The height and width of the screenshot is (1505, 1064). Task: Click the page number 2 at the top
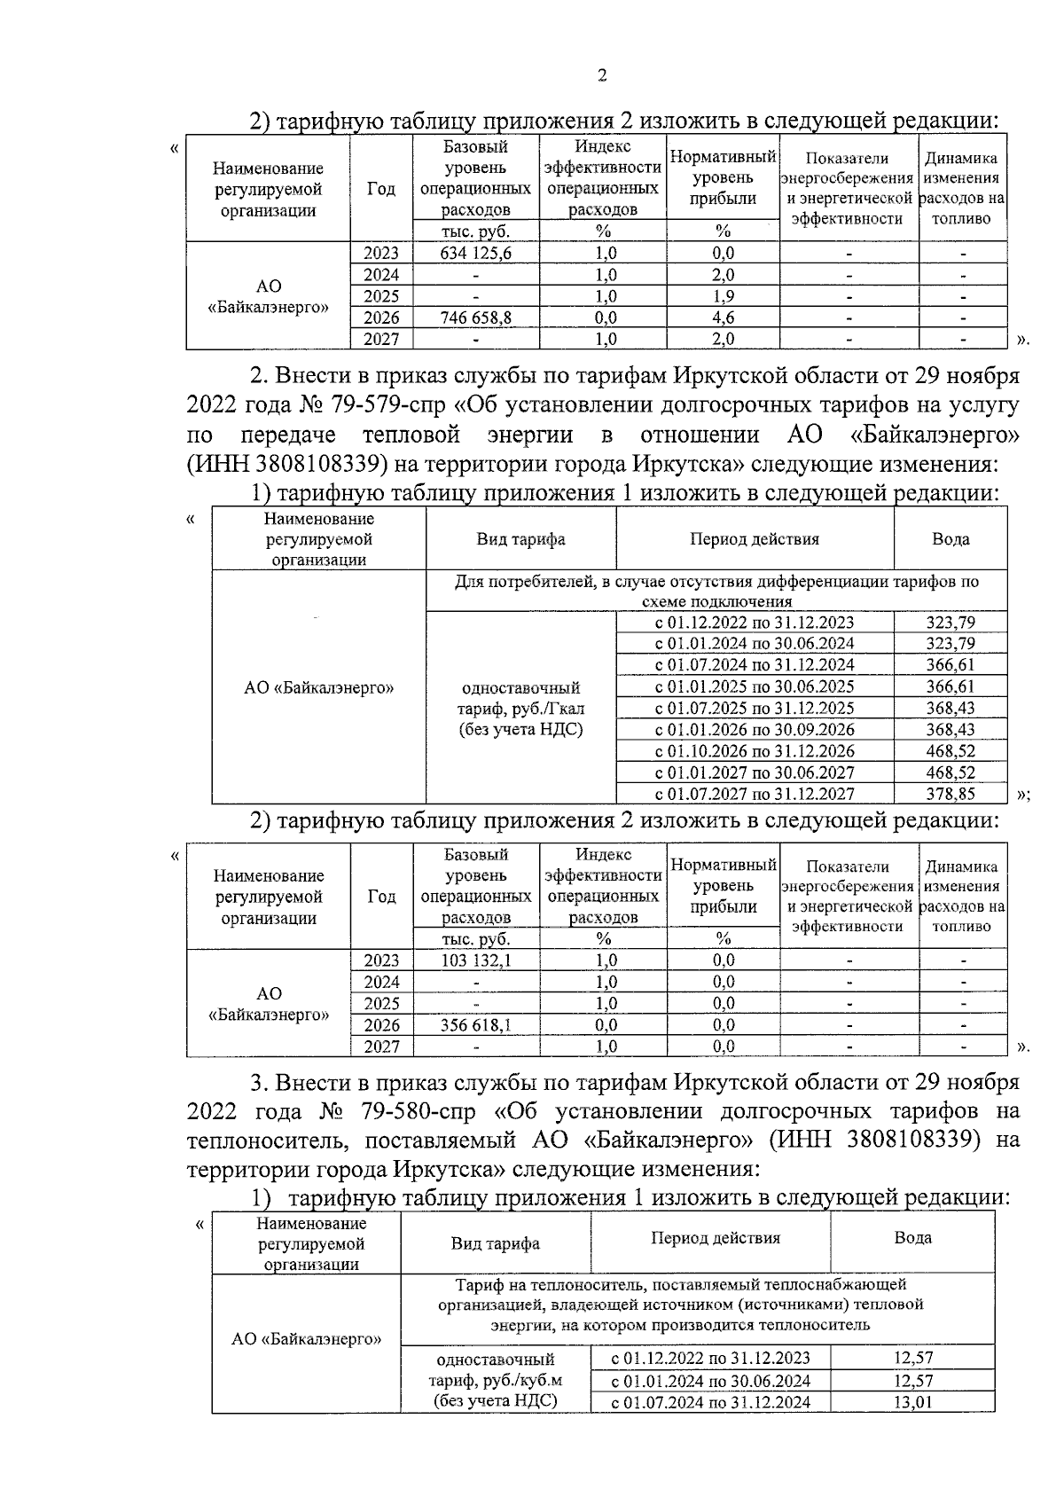(x=602, y=75)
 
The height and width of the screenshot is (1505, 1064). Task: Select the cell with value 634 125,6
(x=476, y=253)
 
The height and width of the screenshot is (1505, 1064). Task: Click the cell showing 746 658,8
(x=476, y=317)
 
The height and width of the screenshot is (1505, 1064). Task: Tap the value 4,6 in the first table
(x=724, y=317)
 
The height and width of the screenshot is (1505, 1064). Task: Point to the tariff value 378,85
(x=951, y=794)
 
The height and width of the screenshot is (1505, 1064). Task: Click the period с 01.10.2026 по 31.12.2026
(x=755, y=751)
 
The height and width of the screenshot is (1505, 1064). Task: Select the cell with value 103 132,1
(x=476, y=960)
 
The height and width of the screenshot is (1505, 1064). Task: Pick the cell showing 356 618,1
(x=476, y=1025)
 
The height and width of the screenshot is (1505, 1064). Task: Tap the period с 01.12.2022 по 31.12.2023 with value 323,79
(x=755, y=623)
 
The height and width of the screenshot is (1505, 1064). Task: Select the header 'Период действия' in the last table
(x=716, y=1238)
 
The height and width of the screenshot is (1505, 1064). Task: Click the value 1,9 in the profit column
(x=724, y=296)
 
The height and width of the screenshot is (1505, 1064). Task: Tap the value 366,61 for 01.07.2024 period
(x=951, y=665)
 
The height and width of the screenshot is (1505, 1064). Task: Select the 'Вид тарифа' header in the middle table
(x=520, y=539)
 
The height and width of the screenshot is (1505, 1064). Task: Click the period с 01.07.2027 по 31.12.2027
(x=755, y=794)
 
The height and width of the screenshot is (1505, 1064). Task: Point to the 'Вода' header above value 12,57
(x=912, y=1238)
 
